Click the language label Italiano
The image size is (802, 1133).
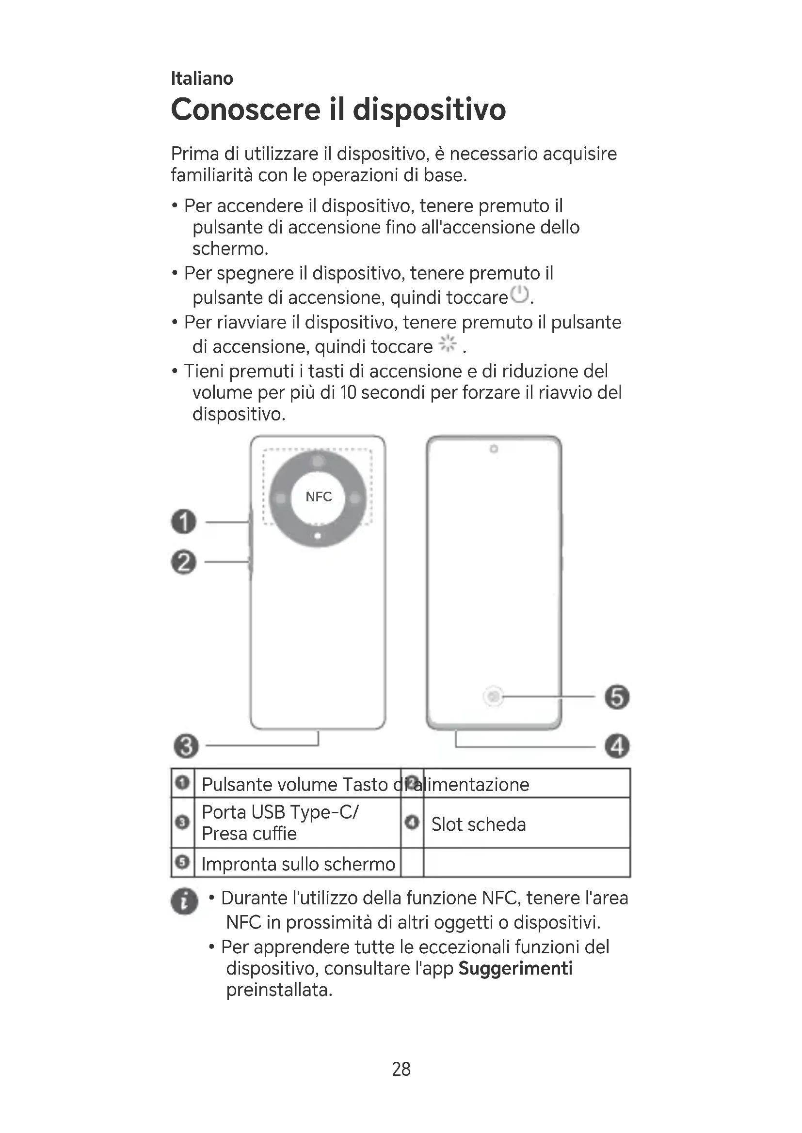coord(202,78)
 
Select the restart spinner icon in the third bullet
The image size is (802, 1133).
coord(448,343)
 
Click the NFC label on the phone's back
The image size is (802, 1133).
coord(319,497)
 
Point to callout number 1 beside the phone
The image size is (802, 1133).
coord(184,522)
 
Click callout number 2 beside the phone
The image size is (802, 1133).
coord(184,562)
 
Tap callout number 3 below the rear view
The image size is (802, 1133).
coord(186,746)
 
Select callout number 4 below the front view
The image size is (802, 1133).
coord(617,746)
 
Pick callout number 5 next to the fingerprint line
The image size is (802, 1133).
coord(617,697)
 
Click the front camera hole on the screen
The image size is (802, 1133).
coord(493,449)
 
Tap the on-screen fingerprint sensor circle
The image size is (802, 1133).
coord(493,697)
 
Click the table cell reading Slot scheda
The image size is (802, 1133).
coord(478,824)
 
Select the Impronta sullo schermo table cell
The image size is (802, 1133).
coord(298,864)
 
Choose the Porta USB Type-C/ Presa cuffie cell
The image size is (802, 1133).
coord(280,823)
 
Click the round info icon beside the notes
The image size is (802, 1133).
coord(184,902)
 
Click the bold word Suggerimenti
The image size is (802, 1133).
coord(515,968)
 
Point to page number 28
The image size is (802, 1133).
coord(401,1069)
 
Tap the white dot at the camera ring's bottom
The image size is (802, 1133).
coord(318,536)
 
